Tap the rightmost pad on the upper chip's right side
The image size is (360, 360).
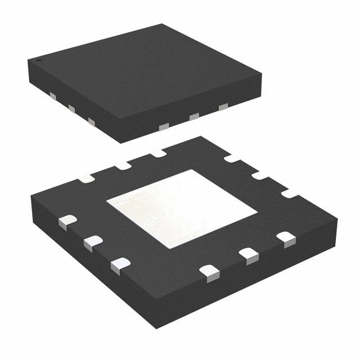tap(223, 106)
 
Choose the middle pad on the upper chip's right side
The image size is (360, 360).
tap(194, 117)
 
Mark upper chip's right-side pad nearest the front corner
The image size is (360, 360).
tap(164, 127)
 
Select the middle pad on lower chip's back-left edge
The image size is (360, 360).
tap(122, 165)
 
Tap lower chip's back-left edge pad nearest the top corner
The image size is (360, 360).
tap(157, 152)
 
